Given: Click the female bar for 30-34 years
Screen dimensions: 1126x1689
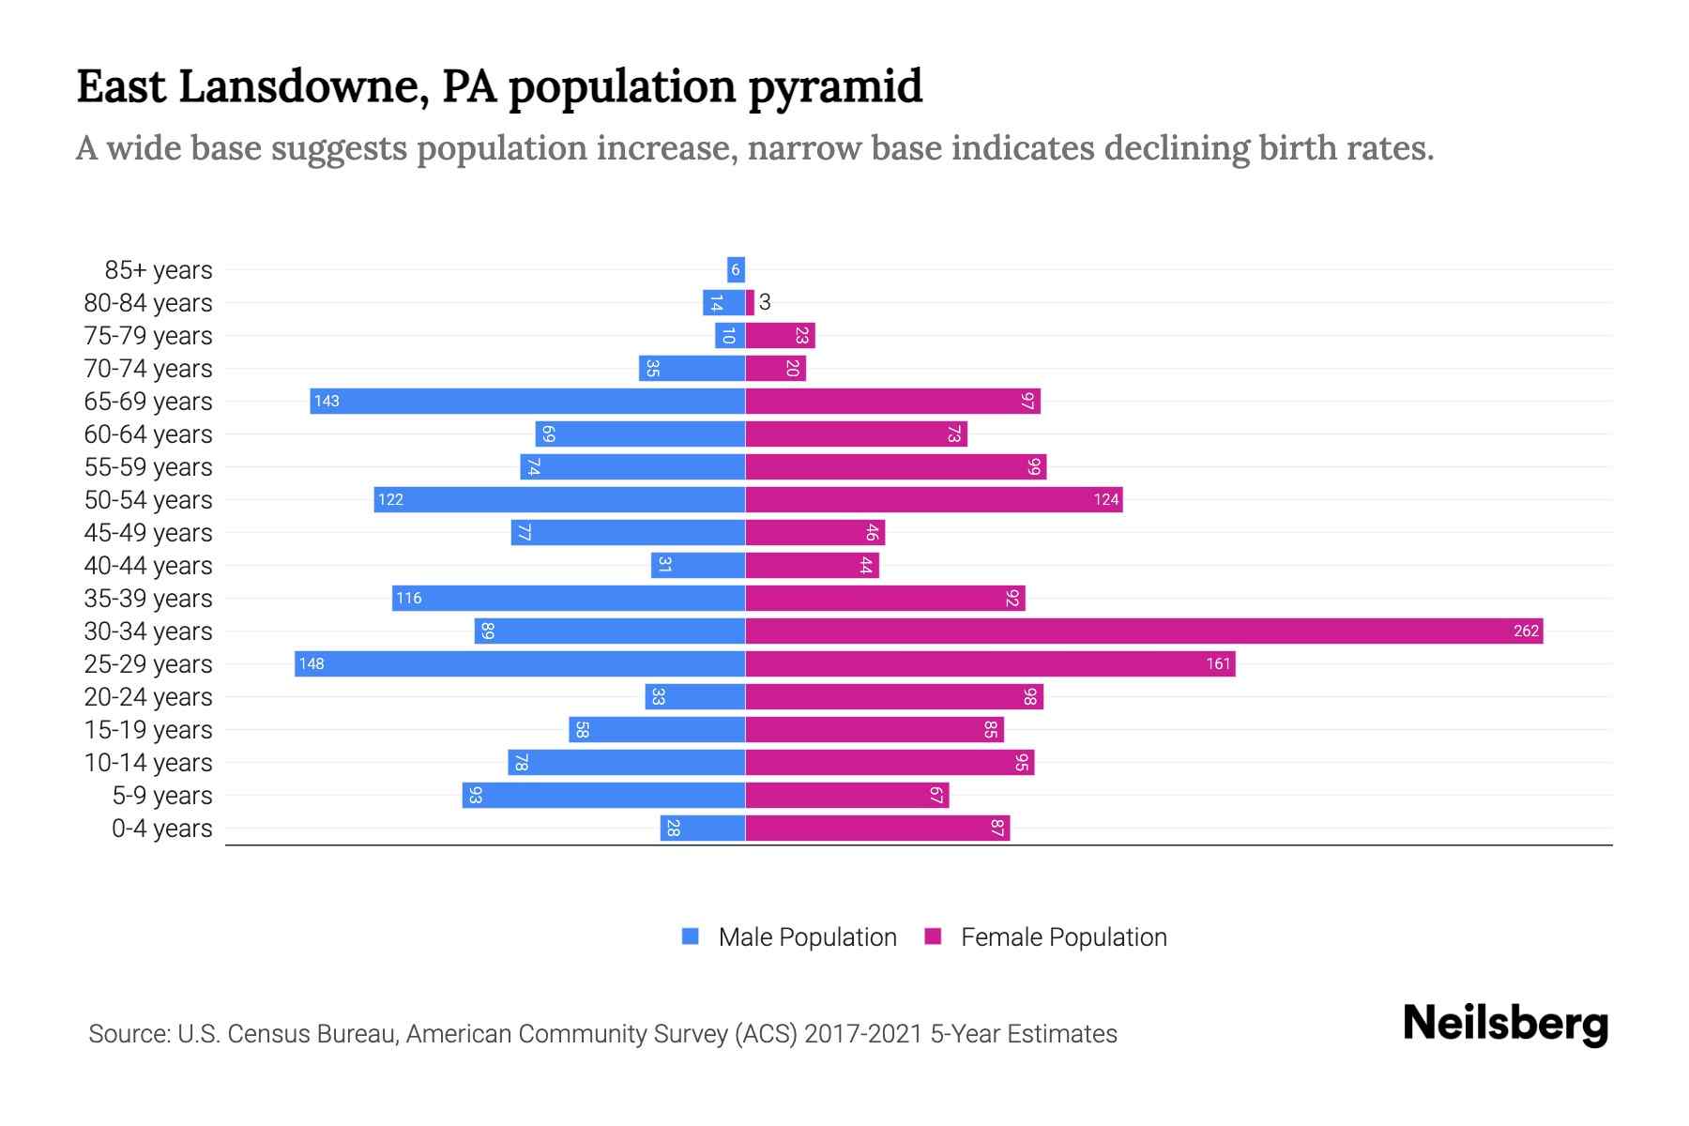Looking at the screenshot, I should coord(1144,631).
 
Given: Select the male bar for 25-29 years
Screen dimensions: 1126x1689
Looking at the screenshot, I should coord(520,663).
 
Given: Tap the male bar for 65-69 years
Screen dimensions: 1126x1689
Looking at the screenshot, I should coord(527,401).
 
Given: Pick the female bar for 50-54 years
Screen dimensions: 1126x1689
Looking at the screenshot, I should coord(934,499).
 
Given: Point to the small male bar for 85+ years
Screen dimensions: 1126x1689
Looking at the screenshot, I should coord(736,270).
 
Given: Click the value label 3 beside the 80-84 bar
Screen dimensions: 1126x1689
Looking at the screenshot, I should coord(765,302).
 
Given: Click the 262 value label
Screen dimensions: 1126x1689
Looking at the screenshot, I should coord(1526,631).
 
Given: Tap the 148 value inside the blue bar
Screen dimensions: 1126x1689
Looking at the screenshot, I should coord(312,663).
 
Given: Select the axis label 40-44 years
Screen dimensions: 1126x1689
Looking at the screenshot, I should coord(148,566).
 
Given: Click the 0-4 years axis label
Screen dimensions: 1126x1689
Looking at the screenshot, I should coord(161,829).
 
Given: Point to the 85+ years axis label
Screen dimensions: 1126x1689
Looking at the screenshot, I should coord(159,270).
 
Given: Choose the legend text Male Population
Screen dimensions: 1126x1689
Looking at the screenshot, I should coord(807,937).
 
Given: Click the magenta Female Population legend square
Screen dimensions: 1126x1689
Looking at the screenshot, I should coord(933,936).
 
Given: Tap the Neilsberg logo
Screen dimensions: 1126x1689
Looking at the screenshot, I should coord(1505,1024).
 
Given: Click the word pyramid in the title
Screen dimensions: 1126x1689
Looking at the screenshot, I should coord(835,86).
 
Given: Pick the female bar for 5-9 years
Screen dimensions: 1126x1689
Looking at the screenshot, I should coord(847,795).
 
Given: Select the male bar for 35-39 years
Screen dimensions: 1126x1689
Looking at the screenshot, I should coord(569,598).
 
